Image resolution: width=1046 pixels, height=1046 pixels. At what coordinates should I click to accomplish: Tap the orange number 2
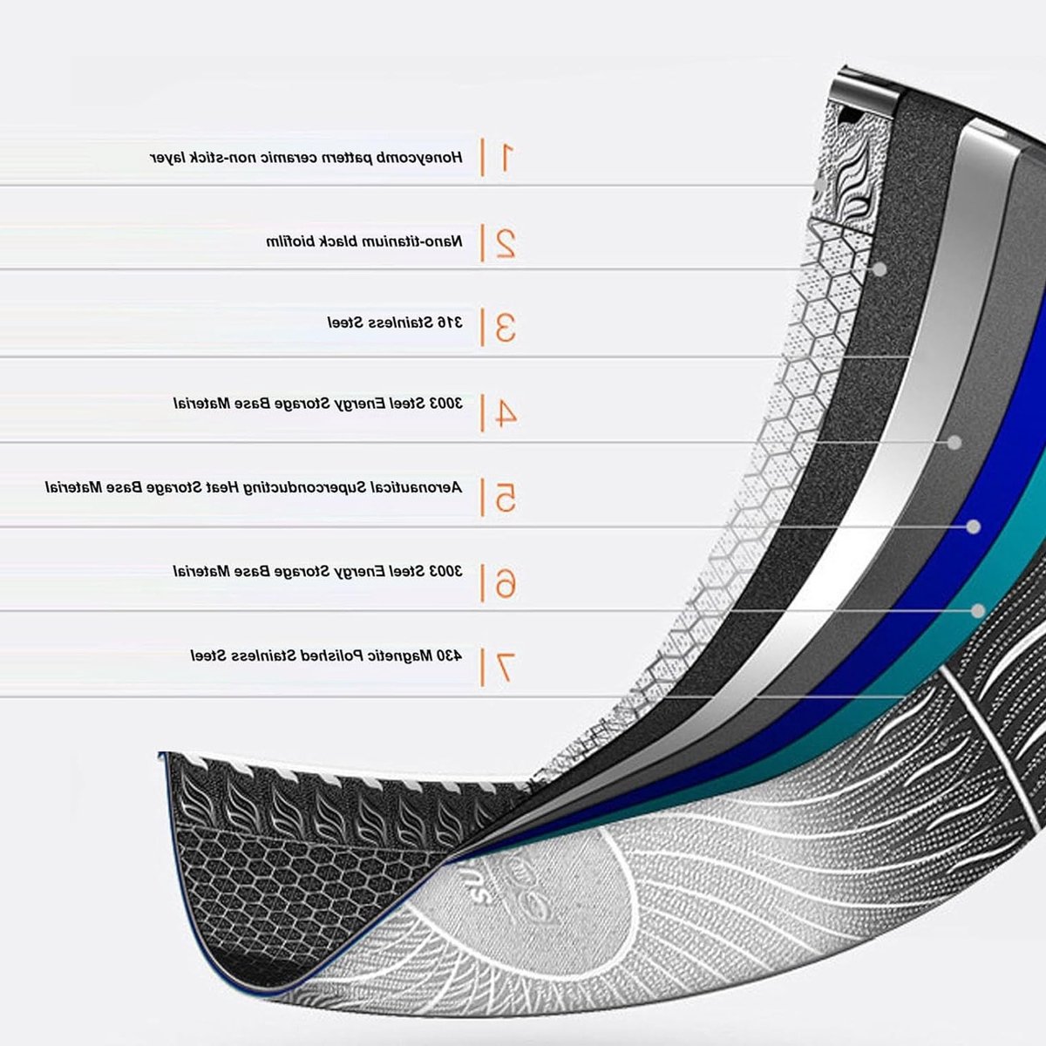(x=505, y=242)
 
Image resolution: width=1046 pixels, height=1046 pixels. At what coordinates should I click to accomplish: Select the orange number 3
(x=505, y=328)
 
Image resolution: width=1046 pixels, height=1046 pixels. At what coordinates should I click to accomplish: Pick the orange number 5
(x=505, y=498)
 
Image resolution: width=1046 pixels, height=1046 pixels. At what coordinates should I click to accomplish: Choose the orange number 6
(x=505, y=583)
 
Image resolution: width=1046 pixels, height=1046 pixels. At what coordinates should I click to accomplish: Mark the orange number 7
(x=505, y=667)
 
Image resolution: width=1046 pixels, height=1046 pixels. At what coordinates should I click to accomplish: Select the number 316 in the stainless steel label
(x=450, y=323)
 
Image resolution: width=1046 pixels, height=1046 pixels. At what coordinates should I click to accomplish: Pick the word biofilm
(x=291, y=241)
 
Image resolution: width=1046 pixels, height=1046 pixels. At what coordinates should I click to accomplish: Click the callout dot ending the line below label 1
(x=819, y=185)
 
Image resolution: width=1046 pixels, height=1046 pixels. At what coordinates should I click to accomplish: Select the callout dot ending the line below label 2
(x=880, y=269)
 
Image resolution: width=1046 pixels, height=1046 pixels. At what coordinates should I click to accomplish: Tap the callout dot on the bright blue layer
(x=974, y=526)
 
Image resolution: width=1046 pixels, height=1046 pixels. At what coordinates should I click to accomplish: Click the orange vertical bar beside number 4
(x=481, y=414)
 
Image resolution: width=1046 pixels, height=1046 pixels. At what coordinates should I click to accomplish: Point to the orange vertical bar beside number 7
(x=481, y=667)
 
